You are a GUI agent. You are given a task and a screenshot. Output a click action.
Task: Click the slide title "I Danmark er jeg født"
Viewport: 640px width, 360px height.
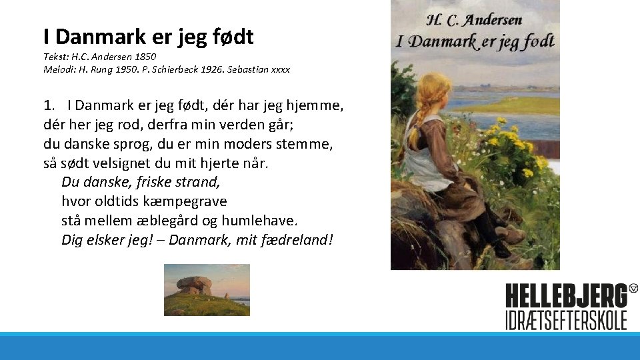148,37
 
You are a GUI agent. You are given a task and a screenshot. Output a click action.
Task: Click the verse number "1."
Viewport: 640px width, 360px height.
48,105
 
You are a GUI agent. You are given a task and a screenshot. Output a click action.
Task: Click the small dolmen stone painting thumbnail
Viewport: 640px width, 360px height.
207,289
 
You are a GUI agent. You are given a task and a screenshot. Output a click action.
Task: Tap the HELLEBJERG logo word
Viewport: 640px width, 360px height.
566,296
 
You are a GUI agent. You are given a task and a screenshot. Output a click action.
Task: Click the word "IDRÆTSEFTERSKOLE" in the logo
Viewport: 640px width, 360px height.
566,319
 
